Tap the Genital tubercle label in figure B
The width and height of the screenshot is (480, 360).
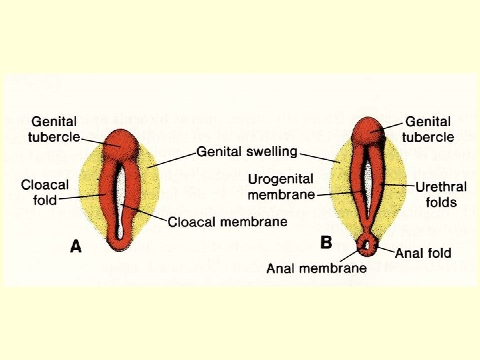[429, 129]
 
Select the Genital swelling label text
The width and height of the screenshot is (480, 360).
[247, 151]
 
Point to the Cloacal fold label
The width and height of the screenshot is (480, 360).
[45, 191]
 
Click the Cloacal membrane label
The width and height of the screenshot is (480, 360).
[227, 221]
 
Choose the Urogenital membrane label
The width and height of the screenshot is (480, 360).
[281, 187]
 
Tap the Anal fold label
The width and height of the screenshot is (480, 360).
[423, 253]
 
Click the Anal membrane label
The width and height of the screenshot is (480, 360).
[316, 268]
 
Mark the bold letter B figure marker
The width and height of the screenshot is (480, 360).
[326, 243]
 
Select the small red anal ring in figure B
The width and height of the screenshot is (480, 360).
[366, 247]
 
